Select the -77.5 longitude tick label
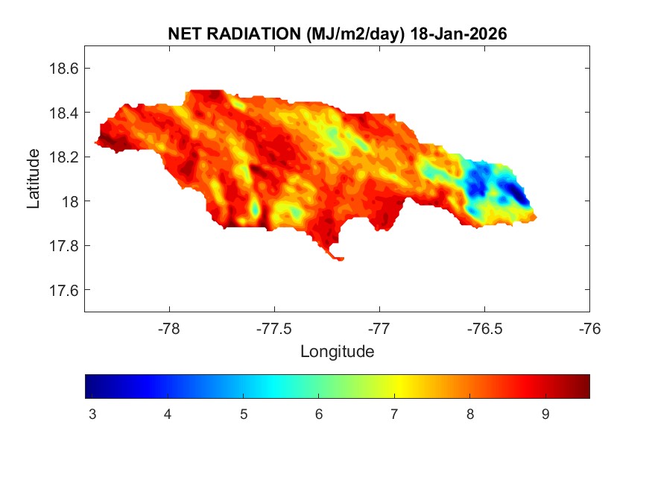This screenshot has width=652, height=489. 275,327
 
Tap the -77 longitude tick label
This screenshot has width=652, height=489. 380,327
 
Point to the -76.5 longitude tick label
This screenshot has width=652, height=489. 485,327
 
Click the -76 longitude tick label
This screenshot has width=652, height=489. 590,327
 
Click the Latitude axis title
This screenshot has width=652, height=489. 34,178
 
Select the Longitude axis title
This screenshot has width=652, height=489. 337,351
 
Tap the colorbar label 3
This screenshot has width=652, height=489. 92,414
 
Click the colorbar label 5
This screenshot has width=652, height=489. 243,414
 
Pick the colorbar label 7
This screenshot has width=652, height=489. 394,414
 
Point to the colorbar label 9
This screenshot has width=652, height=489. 545,414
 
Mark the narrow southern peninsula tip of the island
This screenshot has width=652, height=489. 340,259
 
